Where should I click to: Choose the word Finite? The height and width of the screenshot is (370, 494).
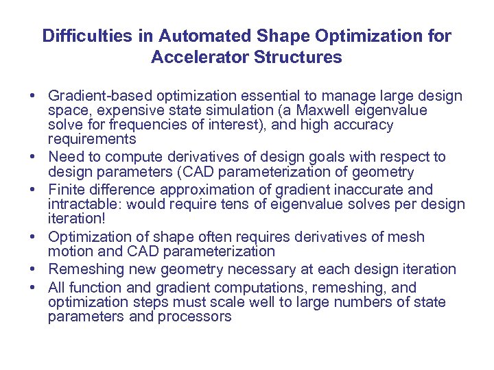65,190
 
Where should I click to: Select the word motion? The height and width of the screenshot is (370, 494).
67,251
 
